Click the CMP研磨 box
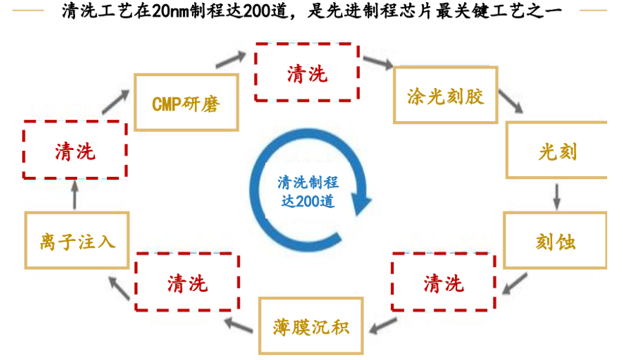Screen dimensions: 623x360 point(187,103)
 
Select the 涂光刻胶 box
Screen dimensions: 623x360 point(445,95)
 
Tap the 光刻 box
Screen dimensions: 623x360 point(556,150)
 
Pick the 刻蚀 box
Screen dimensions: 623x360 point(555,240)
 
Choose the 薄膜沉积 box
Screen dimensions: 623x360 point(311,326)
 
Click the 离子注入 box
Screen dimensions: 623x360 point(77,240)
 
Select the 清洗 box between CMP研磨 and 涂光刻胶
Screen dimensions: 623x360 point(307,72)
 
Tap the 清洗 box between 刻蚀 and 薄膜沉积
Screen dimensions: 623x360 point(443,282)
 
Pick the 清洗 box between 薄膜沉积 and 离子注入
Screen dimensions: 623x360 point(187,282)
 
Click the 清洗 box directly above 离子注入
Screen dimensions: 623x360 point(75,150)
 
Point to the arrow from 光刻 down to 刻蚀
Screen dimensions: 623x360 point(557,197)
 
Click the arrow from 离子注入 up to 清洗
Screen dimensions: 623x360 point(74,195)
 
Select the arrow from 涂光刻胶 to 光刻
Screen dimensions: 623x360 point(511,101)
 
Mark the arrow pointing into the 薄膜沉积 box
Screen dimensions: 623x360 point(383,326)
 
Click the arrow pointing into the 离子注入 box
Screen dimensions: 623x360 point(119,288)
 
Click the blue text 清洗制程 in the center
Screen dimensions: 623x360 point(308,182)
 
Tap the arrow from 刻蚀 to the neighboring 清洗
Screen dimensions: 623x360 point(514,284)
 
